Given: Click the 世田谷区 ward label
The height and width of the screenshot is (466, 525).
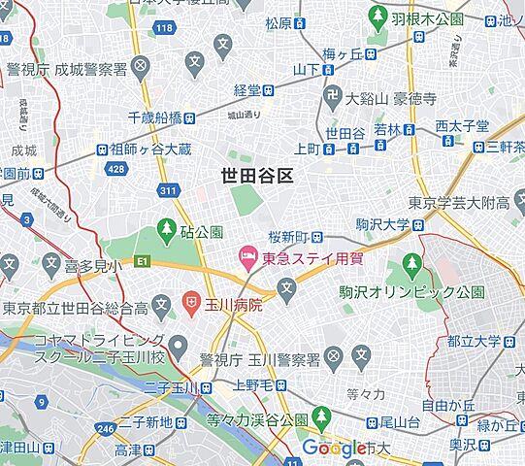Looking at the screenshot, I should click(x=256, y=175).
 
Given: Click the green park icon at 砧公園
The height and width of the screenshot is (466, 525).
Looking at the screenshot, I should click(x=166, y=232).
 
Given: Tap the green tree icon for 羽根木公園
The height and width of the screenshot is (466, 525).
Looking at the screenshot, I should click(x=376, y=17).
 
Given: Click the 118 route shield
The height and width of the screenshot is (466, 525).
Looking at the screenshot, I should click(x=163, y=29).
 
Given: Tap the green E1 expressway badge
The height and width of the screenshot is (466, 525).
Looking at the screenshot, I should click(x=142, y=261).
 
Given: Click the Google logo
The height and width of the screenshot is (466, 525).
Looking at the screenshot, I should click(x=333, y=448).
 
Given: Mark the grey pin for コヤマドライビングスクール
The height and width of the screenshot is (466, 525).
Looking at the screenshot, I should click(x=177, y=346).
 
